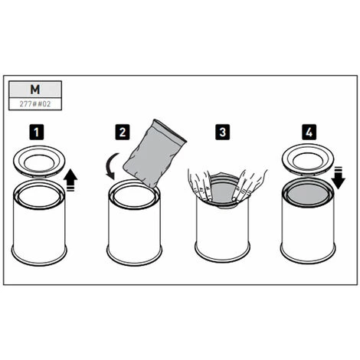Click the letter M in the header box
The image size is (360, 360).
(x=35, y=90)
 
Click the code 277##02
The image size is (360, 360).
(x=35, y=104)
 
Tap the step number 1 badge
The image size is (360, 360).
(x=37, y=133)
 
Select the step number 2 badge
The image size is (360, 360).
(x=123, y=133)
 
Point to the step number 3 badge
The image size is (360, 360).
(x=222, y=133)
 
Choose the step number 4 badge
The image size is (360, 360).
(x=309, y=133)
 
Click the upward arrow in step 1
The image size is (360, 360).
(x=70, y=181)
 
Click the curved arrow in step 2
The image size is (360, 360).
(x=111, y=166)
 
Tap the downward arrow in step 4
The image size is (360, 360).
(x=339, y=178)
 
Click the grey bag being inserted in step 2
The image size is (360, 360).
(x=155, y=154)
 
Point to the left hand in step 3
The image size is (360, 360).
(x=200, y=185)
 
